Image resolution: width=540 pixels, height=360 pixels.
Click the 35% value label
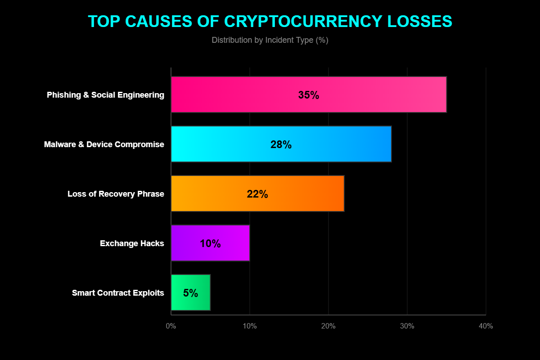tap(308, 95)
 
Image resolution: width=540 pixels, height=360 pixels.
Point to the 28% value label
tap(281, 144)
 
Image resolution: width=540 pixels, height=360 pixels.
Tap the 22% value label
tap(257, 194)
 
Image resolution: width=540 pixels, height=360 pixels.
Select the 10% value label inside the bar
tap(210, 243)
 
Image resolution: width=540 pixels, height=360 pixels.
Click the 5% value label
tap(190, 293)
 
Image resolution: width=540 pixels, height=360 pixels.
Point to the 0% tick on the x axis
tap(171, 326)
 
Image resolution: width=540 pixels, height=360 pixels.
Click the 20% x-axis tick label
tap(328, 326)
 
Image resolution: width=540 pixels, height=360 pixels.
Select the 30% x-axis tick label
tap(407, 326)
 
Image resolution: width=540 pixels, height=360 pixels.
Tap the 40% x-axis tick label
tap(486, 326)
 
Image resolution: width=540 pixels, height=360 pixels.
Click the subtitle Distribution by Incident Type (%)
tap(270, 40)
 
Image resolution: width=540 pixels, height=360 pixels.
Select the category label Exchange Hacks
tap(132, 243)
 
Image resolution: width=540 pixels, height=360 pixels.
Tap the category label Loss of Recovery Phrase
tap(116, 194)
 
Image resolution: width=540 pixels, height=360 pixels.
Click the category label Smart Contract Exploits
tap(118, 293)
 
